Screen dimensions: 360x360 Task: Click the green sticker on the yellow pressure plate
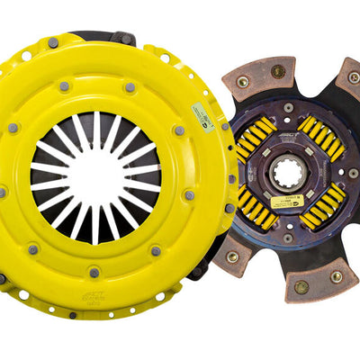(x=202, y=114)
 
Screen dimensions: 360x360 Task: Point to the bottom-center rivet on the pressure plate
(x=94, y=272)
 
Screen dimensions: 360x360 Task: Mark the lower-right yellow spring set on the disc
(x=323, y=206)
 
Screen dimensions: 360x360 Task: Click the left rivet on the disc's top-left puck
(x=242, y=82)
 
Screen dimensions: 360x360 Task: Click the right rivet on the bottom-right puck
(x=334, y=276)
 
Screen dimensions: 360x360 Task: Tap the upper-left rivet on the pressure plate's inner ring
(x=64, y=87)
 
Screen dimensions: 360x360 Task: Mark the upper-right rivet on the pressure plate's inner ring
(x=131, y=87)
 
